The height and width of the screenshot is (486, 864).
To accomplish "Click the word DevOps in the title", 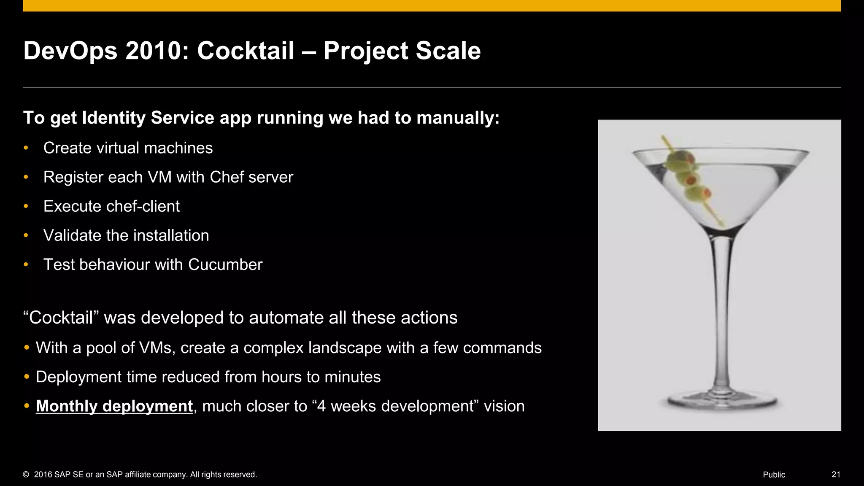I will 70,51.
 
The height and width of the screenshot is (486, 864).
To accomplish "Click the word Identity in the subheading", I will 113,118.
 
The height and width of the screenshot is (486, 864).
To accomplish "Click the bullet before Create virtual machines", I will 26,148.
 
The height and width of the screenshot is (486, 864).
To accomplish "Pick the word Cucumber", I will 225,265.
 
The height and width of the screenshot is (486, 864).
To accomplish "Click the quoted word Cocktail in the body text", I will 61,318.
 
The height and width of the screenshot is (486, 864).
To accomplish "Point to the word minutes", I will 353,377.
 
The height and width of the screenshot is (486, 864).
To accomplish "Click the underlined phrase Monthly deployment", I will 114,406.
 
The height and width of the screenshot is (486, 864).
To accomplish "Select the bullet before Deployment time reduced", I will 27,377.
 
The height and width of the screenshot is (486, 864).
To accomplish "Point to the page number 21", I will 836,475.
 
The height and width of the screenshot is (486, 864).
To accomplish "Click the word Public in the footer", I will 774,475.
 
